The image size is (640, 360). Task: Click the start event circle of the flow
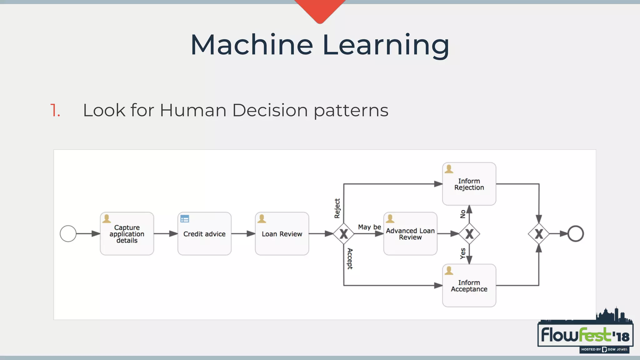point(68,234)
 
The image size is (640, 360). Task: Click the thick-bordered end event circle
point(575,234)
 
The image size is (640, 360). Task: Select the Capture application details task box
point(127,234)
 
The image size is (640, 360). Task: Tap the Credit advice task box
point(204,234)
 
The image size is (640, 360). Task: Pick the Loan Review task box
point(282,234)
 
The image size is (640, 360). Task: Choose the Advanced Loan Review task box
point(410,234)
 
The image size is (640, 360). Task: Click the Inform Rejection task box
point(469,184)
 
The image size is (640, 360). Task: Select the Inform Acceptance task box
point(469,286)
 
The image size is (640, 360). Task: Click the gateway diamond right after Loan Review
point(343,234)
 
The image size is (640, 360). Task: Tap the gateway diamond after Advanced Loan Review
point(469,234)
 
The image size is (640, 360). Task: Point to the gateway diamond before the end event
point(539,234)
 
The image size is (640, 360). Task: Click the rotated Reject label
point(337,208)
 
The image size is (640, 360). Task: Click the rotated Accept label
point(350,259)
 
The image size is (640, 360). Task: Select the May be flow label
point(369,227)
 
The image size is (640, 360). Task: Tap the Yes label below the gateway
point(463,253)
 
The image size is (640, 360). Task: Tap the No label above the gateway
point(463,214)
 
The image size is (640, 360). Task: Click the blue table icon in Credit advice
point(185,219)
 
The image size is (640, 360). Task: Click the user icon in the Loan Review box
point(262,219)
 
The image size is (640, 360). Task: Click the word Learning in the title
point(386,45)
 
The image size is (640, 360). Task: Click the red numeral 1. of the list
point(55,110)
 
